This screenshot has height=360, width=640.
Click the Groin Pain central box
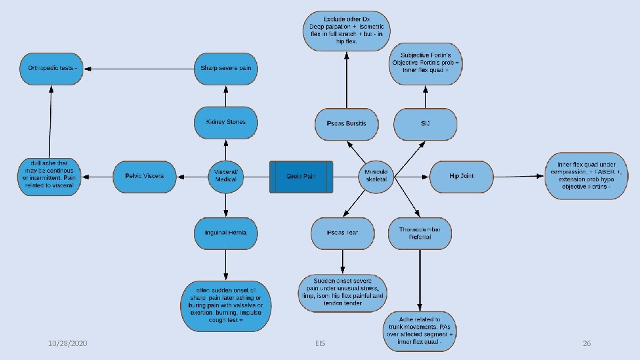[302, 177]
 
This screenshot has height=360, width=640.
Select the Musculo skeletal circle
[376, 177]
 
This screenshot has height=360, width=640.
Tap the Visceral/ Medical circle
[226, 177]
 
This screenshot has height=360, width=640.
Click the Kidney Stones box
[226, 122]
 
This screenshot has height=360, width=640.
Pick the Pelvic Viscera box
[144, 177]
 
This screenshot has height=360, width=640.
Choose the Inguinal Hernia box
[226, 233]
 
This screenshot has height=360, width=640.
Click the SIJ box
[425, 124]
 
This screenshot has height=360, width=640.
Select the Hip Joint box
[461, 177]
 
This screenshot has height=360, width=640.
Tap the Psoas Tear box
[343, 233]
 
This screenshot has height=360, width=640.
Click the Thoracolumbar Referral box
[420, 233]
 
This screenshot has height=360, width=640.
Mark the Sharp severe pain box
[226, 68]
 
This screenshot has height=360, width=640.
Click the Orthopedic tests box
[52, 68]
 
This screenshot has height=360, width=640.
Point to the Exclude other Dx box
[347, 31]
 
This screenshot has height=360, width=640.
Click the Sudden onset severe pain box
[343, 291]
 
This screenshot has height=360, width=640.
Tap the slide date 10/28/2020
[68, 343]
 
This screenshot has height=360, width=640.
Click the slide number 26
[587, 343]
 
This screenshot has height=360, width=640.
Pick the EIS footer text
[320, 343]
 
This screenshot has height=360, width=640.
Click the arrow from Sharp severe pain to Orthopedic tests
[140, 68]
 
